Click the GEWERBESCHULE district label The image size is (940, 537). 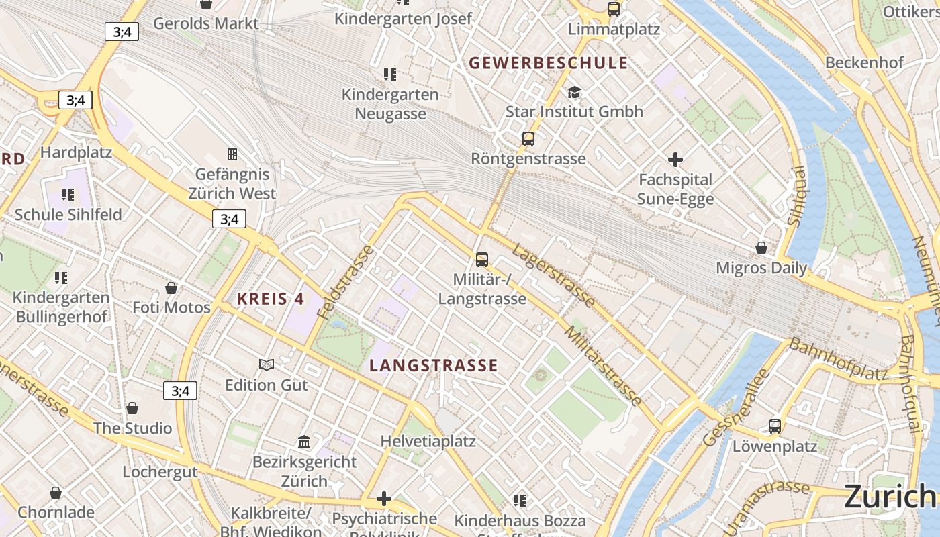pyautogui.click(x=548, y=63)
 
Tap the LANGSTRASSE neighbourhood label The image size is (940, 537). pyautogui.click(x=434, y=365)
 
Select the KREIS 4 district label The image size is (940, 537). pyautogui.click(x=271, y=299)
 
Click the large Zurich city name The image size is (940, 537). pyautogui.click(x=890, y=497)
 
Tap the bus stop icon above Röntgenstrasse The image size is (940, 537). pyautogui.click(x=528, y=139)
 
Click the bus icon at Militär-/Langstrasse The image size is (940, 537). pyautogui.click(x=481, y=259)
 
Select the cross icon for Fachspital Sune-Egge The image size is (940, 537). pyautogui.click(x=675, y=160)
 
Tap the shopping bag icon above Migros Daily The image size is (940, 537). pyautogui.click(x=761, y=248)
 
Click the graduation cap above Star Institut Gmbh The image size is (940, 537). pyautogui.click(x=574, y=92)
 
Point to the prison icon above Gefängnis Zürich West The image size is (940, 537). pyautogui.click(x=232, y=154)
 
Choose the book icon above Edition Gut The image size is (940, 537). pyautogui.click(x=267, y=364)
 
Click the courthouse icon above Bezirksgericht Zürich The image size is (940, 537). pyautogui.click(x=304, y=442)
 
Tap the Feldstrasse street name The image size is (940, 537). pyautogui.click(x=346, y=283)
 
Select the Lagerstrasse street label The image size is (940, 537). pyautogui.click(x=553, y=276)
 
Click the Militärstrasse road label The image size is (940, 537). pyautogui.click(x=602, y=366)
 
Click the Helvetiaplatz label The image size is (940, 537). pyautogui.click(x=428, y=441)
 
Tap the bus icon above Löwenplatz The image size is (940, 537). pyautogui.click(x=775, y=426)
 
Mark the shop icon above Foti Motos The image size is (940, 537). pyautogui.click(x=171, y=288)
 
